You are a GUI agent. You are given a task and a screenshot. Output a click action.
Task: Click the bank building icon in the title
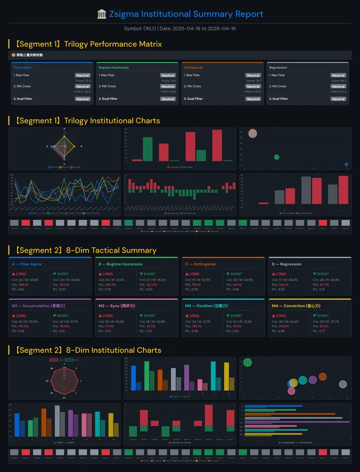click(x=102, y=14)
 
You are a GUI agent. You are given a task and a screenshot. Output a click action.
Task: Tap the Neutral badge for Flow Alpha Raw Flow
click(x=83, y=75)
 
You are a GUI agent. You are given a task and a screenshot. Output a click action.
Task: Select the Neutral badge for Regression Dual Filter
click(x=338, y=99)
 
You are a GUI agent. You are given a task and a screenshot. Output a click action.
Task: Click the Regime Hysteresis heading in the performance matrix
click(x=113, y=68)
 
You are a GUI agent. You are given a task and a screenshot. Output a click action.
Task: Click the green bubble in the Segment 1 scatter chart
click(x=277, y=157)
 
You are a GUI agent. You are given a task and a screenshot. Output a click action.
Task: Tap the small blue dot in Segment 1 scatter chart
click(x=346, y=164)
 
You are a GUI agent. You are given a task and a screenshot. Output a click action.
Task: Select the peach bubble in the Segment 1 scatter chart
click(x=252, y=133)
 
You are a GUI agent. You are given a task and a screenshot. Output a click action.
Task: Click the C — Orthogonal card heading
click(x=200, y=264)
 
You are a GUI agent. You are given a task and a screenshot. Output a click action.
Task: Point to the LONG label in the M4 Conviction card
click(x=281, y=316)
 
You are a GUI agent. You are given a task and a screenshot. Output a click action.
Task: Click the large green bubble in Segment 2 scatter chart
click(x=247, y=362)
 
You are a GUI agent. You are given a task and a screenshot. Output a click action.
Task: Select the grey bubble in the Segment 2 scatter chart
click(x=342, y=384)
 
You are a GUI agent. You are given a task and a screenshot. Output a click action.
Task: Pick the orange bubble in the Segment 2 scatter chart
click(x=323, y=377)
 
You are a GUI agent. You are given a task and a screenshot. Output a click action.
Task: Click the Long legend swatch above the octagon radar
click(x=54, y=360)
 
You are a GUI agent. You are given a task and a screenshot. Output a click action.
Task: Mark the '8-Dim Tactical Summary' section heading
click(x=85, y=250)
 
